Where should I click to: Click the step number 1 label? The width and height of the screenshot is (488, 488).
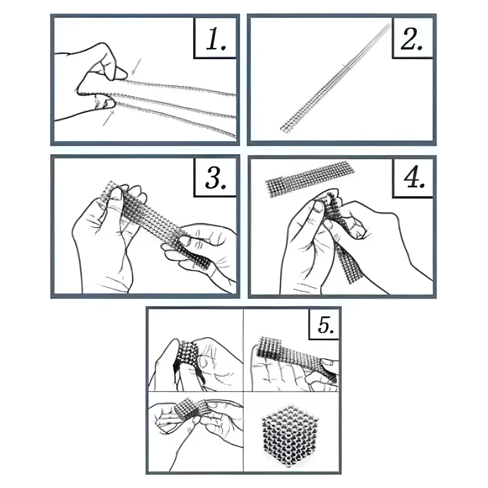216,39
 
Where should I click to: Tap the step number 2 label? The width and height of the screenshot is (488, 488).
411,39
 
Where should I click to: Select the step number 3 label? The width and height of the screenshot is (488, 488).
216,177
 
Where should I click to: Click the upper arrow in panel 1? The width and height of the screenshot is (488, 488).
136,67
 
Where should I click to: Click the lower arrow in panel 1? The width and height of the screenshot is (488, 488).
109,118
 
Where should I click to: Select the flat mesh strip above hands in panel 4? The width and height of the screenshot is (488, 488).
310,179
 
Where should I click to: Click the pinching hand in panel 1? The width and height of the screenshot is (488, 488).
91,82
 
